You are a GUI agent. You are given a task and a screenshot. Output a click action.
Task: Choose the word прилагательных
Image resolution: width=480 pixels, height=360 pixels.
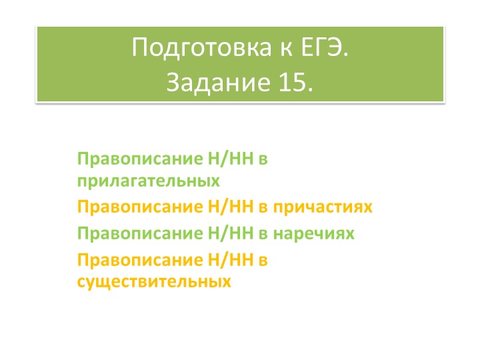(x=148, y=180)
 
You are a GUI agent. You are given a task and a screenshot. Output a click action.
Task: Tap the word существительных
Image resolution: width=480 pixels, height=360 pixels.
(x=154, y=281)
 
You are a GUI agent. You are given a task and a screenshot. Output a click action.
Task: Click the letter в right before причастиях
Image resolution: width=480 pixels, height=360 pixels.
(x=263, y=207)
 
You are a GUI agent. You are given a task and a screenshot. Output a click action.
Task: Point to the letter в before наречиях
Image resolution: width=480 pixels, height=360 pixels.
(x=263, y=233)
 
